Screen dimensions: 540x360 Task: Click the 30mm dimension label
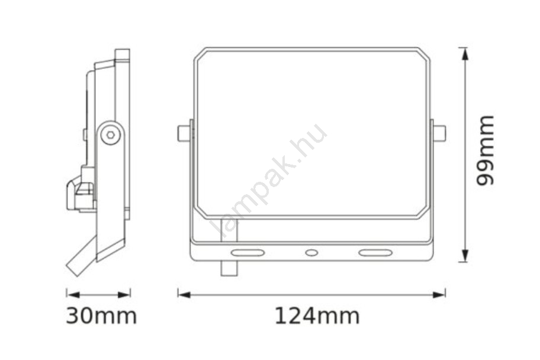[x=101, y=316]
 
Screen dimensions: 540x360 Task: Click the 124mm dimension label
[x=317, y=316]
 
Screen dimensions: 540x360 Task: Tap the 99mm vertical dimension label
[x=484, y=151]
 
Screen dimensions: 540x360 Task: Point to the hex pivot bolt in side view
[x=111, y=134]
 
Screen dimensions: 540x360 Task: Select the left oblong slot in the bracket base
[x=247, y=253]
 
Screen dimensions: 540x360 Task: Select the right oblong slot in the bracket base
[x=375, y=253]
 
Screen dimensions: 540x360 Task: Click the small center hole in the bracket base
[x=311, y=253]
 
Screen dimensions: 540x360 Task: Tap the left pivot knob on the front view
[x=184, y=134]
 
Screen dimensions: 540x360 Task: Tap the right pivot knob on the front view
[x=439, y=134]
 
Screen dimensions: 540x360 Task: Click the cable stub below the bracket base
[x=229, y=268]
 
